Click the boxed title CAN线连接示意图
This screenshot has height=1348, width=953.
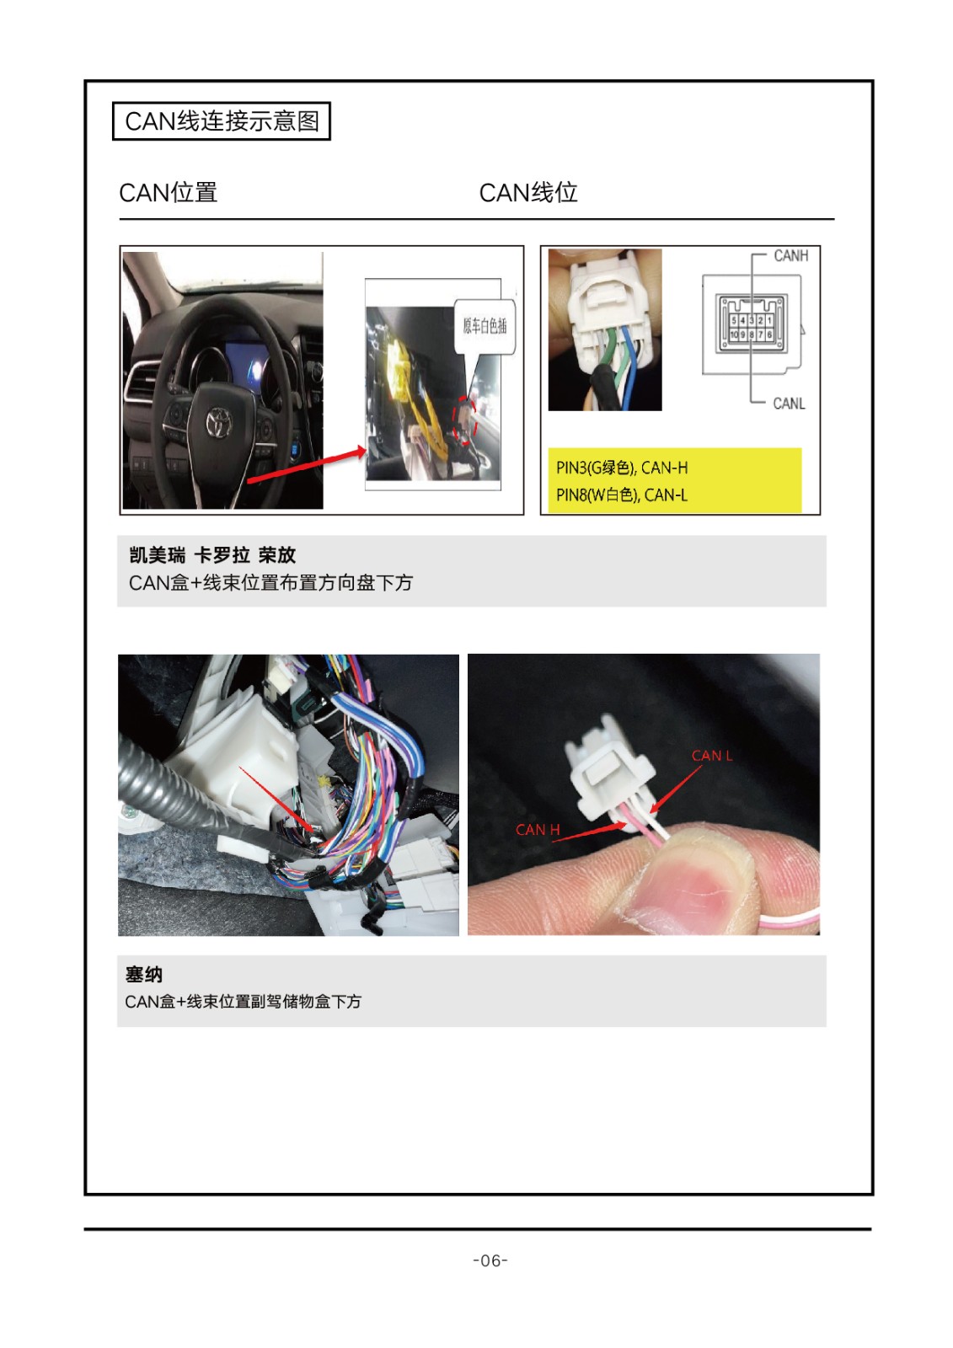click(222, 121)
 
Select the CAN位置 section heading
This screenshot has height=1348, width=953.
click(168, 193)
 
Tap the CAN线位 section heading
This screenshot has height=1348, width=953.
click(528, 193)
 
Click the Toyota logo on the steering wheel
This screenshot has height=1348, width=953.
click(216, 420)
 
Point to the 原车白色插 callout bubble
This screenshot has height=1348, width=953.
click(485, 327)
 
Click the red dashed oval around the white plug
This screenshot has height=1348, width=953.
click(464, 420)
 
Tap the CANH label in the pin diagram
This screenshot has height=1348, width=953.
click(790, 256)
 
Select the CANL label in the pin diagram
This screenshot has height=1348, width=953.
click(789, 404)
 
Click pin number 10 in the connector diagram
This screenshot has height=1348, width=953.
click(734, 334)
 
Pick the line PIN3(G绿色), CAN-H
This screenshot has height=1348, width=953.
click(622, 468)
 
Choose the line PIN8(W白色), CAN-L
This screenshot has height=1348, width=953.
click(622, 495)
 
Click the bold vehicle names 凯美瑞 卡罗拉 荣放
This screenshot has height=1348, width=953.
click(212, 555)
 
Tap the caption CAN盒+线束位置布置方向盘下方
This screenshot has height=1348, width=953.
click(271, 582)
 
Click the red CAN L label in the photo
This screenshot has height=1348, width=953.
click(711, 756)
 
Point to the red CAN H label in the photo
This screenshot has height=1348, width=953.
click(538, 830)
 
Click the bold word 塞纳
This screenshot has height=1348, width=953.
click(144, 974)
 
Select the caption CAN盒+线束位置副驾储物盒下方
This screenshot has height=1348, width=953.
click(244, 1002)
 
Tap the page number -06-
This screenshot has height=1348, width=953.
click(490, 1260)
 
